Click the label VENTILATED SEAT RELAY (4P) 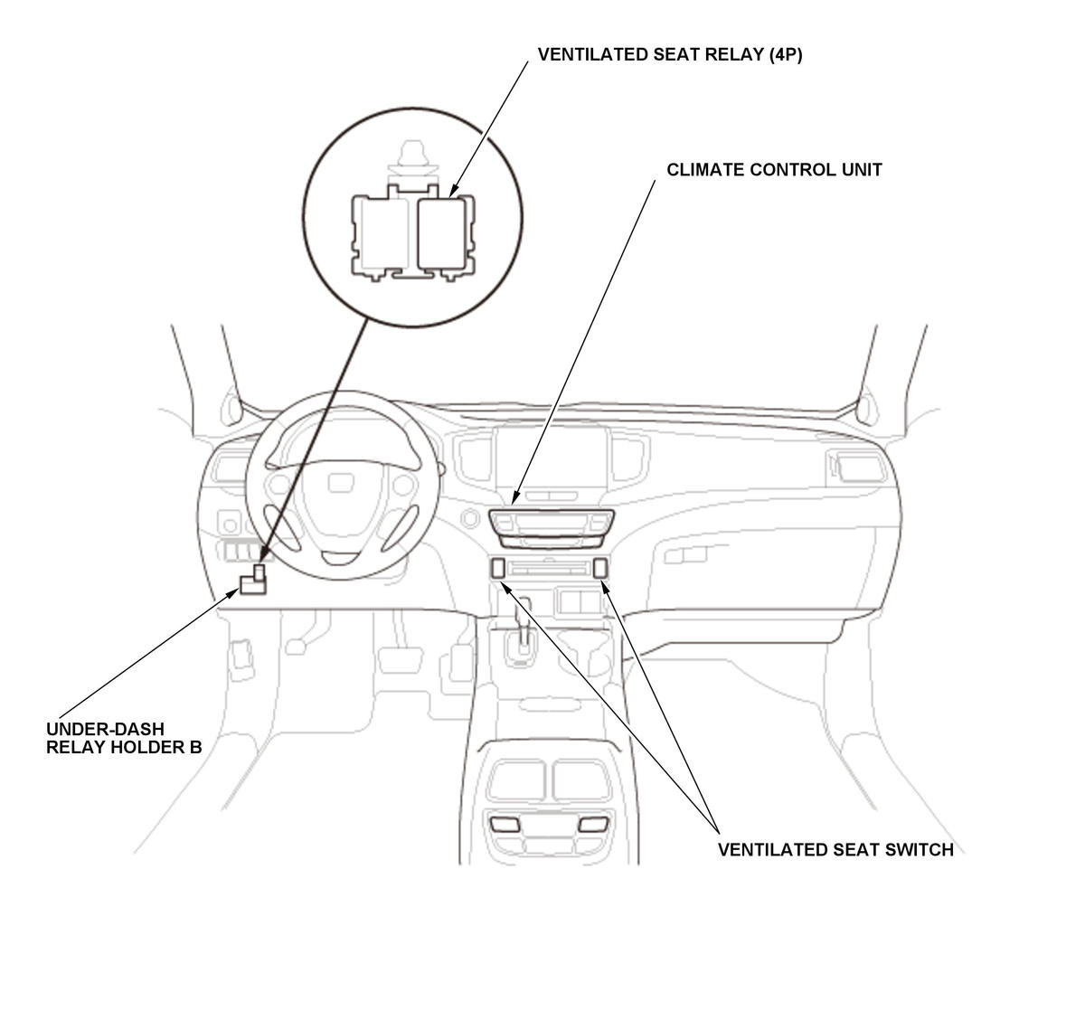point(670,54)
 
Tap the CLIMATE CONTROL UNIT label point(774,170)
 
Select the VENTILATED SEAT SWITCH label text point(835,850)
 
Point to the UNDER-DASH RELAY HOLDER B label point(124,738)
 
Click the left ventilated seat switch point(497,569)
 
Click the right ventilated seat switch point(599,569)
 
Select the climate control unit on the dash point(552,528)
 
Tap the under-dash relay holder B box point(253,581)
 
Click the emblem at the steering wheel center point(341,483)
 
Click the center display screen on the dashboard point(552,458)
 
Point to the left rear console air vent point(505,825)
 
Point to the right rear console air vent point(593,825)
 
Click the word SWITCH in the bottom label point(918,850)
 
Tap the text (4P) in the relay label point(785,54)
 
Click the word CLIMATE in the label point(705,170)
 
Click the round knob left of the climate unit point(470,518)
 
